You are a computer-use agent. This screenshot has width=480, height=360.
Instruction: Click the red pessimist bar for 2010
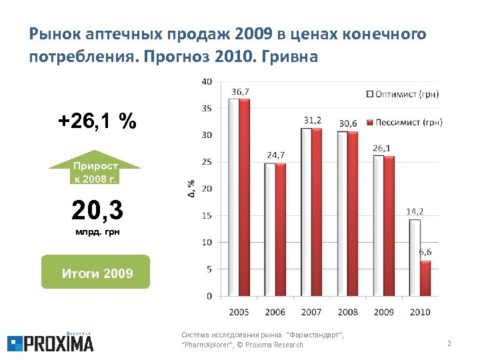(x=425, y=277)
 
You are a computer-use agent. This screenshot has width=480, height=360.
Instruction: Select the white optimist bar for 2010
(x=414, y=257)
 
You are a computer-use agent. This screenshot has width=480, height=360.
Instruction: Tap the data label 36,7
(x=241, y=91)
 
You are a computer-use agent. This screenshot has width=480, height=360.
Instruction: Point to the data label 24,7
(x=276, y=155)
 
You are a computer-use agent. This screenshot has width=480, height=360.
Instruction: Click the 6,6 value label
(x=425, y=251)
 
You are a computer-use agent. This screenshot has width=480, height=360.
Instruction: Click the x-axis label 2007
(x=311, y=311)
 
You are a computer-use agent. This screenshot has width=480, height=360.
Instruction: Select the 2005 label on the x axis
(x=239, y=311)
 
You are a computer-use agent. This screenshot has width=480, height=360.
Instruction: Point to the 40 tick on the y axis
(x=207, y=81)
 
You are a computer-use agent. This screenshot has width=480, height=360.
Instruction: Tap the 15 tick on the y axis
(x=207, y=215)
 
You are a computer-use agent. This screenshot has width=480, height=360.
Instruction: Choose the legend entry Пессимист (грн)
(x=404, y=122)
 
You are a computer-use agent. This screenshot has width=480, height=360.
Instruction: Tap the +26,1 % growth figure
(x=97, y=121)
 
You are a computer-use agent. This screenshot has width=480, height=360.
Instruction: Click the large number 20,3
(x=97, y=211)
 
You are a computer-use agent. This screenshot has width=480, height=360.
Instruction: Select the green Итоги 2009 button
(x=96, y=273)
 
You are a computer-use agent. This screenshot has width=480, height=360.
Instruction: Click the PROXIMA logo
(x=51, y=342)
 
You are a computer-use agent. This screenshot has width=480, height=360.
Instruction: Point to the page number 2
(x=449, y=344)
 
